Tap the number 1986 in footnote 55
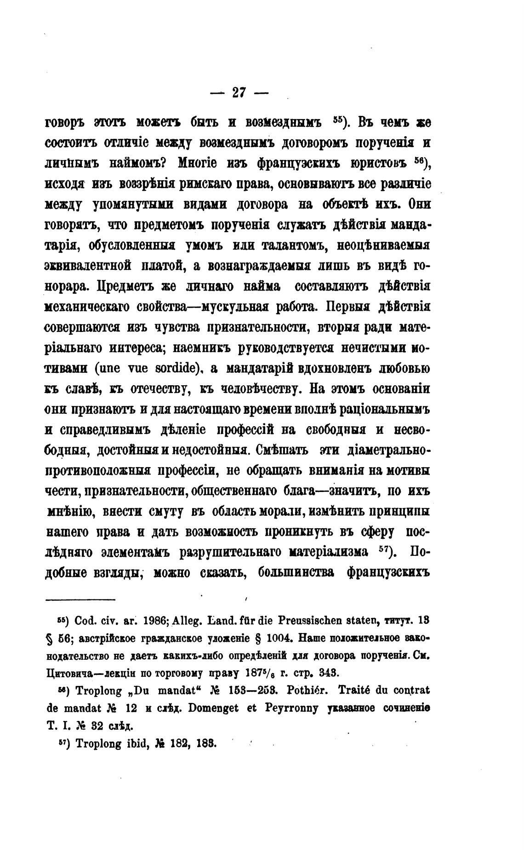155,620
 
